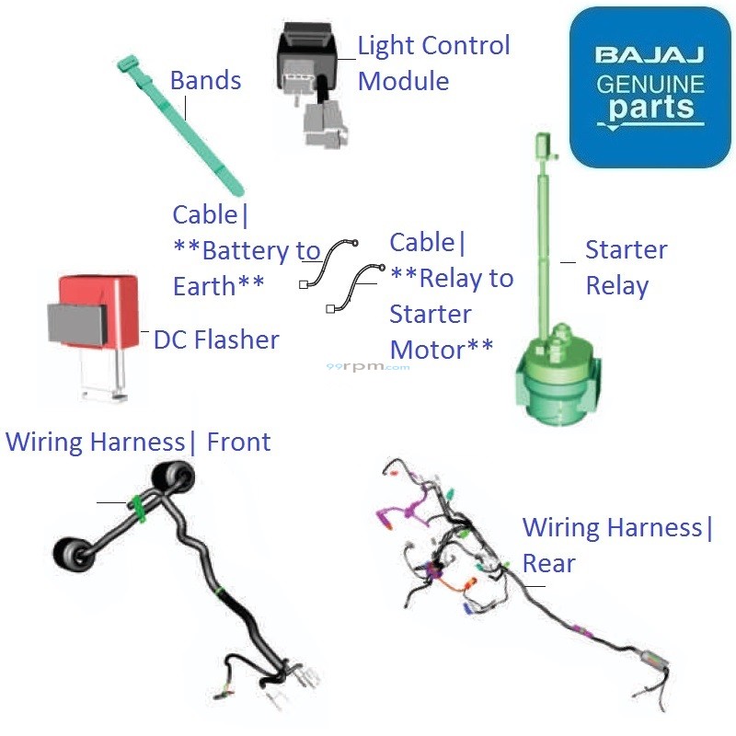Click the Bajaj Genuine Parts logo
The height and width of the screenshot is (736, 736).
[x=650, y=86]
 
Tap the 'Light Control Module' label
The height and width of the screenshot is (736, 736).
[x=433, y=63]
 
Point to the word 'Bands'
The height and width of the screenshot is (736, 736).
[x=205, y=80]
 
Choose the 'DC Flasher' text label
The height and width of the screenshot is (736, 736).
[x=216, y=339]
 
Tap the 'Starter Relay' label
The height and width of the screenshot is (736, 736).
[x=626, y=268]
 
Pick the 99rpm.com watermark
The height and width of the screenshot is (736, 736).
[x=368, y=366]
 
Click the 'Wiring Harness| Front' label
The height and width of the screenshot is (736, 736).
[x=138, y=442]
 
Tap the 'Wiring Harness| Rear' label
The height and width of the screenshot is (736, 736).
[x=617, y=545]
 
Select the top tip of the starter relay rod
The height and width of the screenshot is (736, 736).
[x=543, y=144]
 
